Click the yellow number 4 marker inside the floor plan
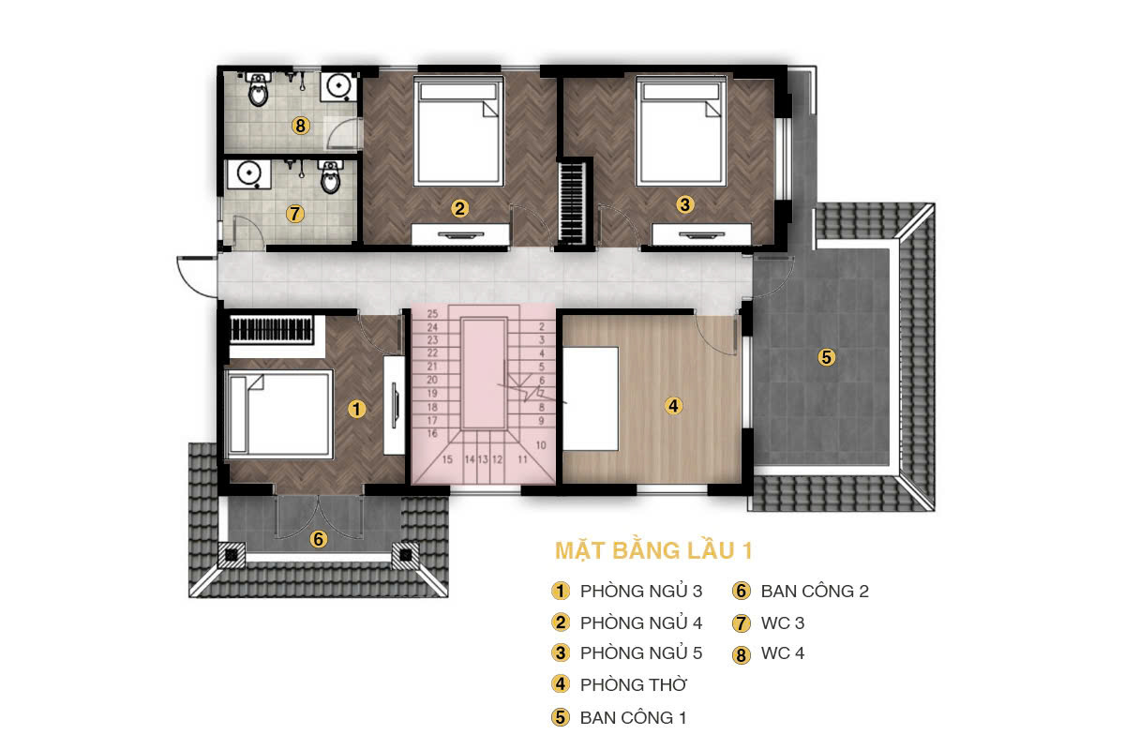tap(673, 405)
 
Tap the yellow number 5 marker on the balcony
tap(826, 357)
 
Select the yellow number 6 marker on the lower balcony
tap(319, 539)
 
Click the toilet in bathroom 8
tap(258, 89)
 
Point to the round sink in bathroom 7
tap(249, 173)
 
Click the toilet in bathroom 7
tap(330, 176)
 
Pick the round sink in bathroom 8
tap(338, 86)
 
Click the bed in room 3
tap(681, 131)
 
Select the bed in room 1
tap(278, 414)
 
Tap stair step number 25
tap(432, 314)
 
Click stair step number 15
tap(447, 459)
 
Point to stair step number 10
tap(541, 445)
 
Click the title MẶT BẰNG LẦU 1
tap(653, 550)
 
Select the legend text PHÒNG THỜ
tap(634, 684)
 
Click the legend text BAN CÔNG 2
tap(815, 592)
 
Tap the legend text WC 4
tap(783, 653)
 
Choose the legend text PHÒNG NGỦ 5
tap(641, 653)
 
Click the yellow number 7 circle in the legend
tap(742, 623)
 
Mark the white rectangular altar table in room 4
tap(590, 398)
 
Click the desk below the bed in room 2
tap(460, 234)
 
